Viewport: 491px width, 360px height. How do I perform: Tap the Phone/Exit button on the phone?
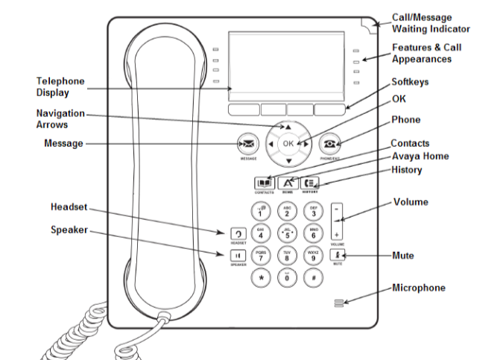coord(329,143)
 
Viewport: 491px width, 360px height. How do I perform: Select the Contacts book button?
coord(264,183)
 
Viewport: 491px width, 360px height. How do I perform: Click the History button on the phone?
coord(311,183)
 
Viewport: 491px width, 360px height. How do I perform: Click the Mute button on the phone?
coord(337,254)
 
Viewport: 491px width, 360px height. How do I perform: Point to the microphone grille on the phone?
coord(339,303)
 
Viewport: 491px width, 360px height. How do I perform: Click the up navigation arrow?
coord(288,127)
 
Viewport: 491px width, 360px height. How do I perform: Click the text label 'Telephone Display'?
coord(60,87)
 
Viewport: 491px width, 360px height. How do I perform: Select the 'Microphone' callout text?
coord(419,288)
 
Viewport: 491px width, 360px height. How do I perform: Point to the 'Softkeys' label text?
coord(411,81)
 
